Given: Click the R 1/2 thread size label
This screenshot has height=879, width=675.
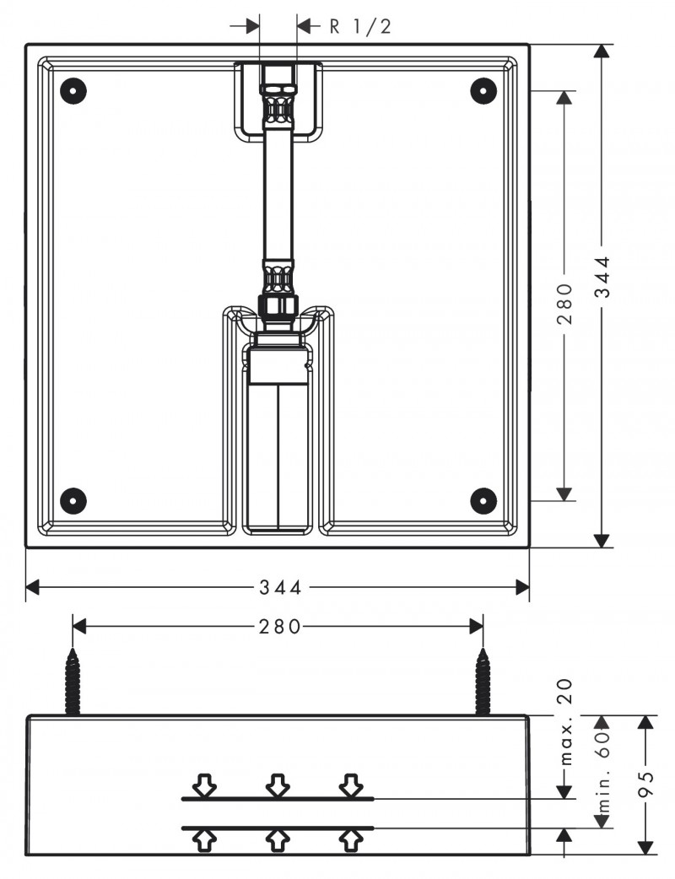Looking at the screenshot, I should pyautogui.click(x=360, y=26).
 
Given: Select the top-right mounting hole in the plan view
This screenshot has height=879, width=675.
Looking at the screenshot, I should pyautogui.click(x=483, y=89).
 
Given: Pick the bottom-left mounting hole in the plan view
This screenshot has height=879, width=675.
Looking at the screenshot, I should pyautogui.click(x=74, y=500).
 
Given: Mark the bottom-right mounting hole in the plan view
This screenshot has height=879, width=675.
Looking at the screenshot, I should pyautogui.click(x=483, y=500).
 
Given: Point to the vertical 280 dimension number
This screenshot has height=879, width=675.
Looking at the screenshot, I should pyautogui.click(x=564, y=303).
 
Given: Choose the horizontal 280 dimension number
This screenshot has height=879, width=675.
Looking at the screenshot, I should pyautogui.click(x=278, y=627).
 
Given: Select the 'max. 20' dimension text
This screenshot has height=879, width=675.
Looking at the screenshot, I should pyautogui.click(x=565, y=721).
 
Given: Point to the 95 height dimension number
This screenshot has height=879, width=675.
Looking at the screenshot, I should pyautogui.click(x=645, y=784).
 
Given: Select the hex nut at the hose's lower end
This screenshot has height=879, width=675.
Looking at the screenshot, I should pyautogui.click(x=278, y=305).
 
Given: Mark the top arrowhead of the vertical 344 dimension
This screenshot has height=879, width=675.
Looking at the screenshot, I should pyautogui.click(x=602, y=51).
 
